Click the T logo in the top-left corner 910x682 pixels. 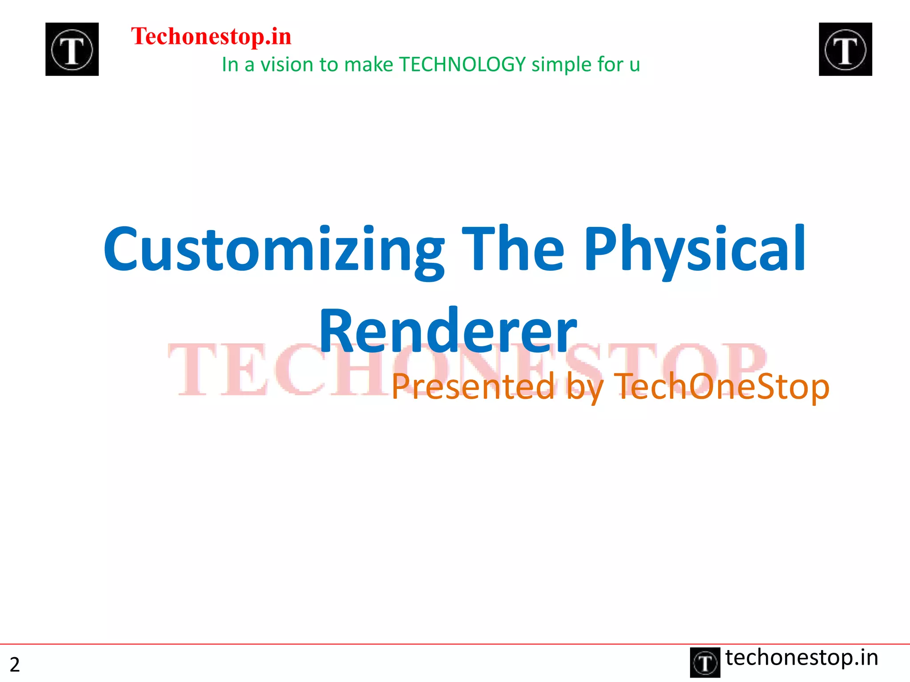(x=72, y=49)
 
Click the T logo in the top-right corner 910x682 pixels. (x=845, y=49)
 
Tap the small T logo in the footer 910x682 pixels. (x=705, y=662)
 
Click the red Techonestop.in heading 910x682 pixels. (x=211, y=36)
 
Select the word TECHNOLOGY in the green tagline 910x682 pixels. (x=463, y=65)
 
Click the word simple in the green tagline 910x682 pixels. (x=562, y=65)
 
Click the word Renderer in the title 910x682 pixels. (x=447, y=331)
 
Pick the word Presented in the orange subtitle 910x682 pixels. (x=473, y=386)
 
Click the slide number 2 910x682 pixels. (x=15, y=665)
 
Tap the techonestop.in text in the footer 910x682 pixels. (x=802, y=658)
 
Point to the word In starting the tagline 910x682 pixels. (x=230, y=65)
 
